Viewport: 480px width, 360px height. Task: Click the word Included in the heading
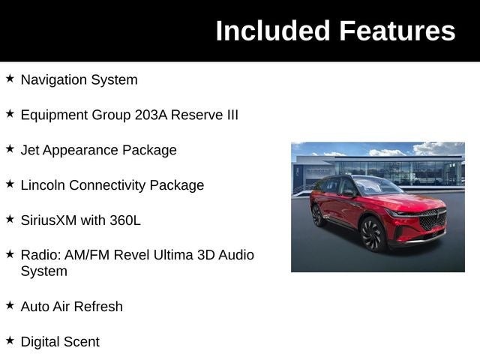click(273, 31)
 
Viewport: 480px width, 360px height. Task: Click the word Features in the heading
click(397, 31)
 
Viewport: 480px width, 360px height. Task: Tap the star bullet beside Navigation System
click(10, 78)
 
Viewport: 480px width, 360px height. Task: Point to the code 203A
click(151, 115)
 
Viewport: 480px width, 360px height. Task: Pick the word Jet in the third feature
click(30, 150)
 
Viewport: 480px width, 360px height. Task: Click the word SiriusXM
click(49, 220)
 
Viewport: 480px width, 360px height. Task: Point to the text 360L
click(125, 220)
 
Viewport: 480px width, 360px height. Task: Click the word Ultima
click(173, 255)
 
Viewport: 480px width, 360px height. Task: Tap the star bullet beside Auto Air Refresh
click(10, 305)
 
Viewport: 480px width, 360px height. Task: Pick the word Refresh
click(98, 307)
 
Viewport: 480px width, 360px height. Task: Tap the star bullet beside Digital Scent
click(10, 340)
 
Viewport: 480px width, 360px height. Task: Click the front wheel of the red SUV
click(373, 235)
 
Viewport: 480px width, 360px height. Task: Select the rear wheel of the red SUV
click(318, 215)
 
